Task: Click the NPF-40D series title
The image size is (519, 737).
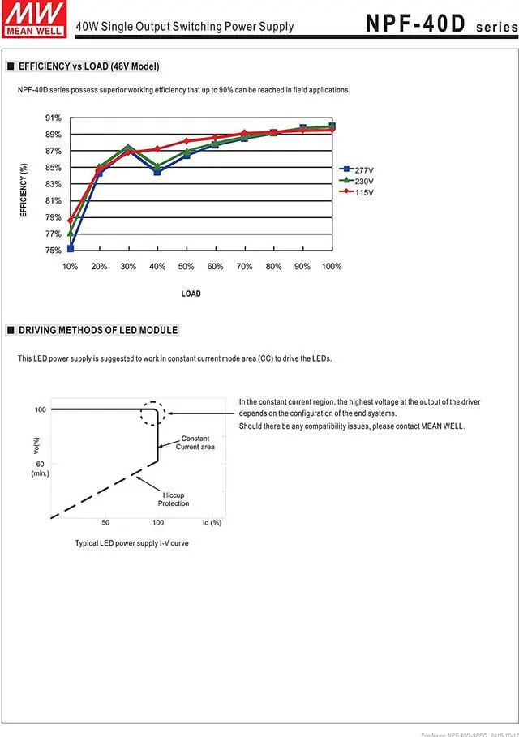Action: pos(438,24)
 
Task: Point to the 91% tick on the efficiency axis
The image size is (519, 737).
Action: pos(53,118)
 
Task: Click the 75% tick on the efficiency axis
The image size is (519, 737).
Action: pos(53,250)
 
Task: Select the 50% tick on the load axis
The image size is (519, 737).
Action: pos(186,267)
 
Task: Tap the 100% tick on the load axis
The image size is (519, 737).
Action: pos(331,267)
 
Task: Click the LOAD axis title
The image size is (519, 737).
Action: pos(191,294)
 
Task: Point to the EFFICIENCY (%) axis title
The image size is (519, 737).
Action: pos(24,190)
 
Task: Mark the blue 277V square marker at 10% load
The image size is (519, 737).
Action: pos(71,248)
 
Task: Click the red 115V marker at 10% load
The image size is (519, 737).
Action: pos(71,220)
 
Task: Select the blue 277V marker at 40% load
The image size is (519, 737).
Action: pos(157,172)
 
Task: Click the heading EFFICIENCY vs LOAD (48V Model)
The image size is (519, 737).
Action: pos(88,66)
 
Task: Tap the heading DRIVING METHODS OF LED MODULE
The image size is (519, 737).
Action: pos(98,330)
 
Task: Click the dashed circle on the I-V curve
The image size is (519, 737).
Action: pos(152,413)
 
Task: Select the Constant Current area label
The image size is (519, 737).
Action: pos(195,443)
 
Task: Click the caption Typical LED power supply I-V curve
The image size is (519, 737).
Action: pos(131,543)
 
